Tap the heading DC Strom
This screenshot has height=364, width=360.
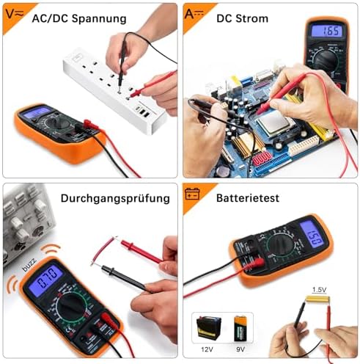[x=242, y=18]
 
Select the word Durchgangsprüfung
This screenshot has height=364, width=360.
[x=115, y=198]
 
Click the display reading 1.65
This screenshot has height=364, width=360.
[x=326, y=32]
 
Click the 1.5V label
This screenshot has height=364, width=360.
[x=320, y=290]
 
